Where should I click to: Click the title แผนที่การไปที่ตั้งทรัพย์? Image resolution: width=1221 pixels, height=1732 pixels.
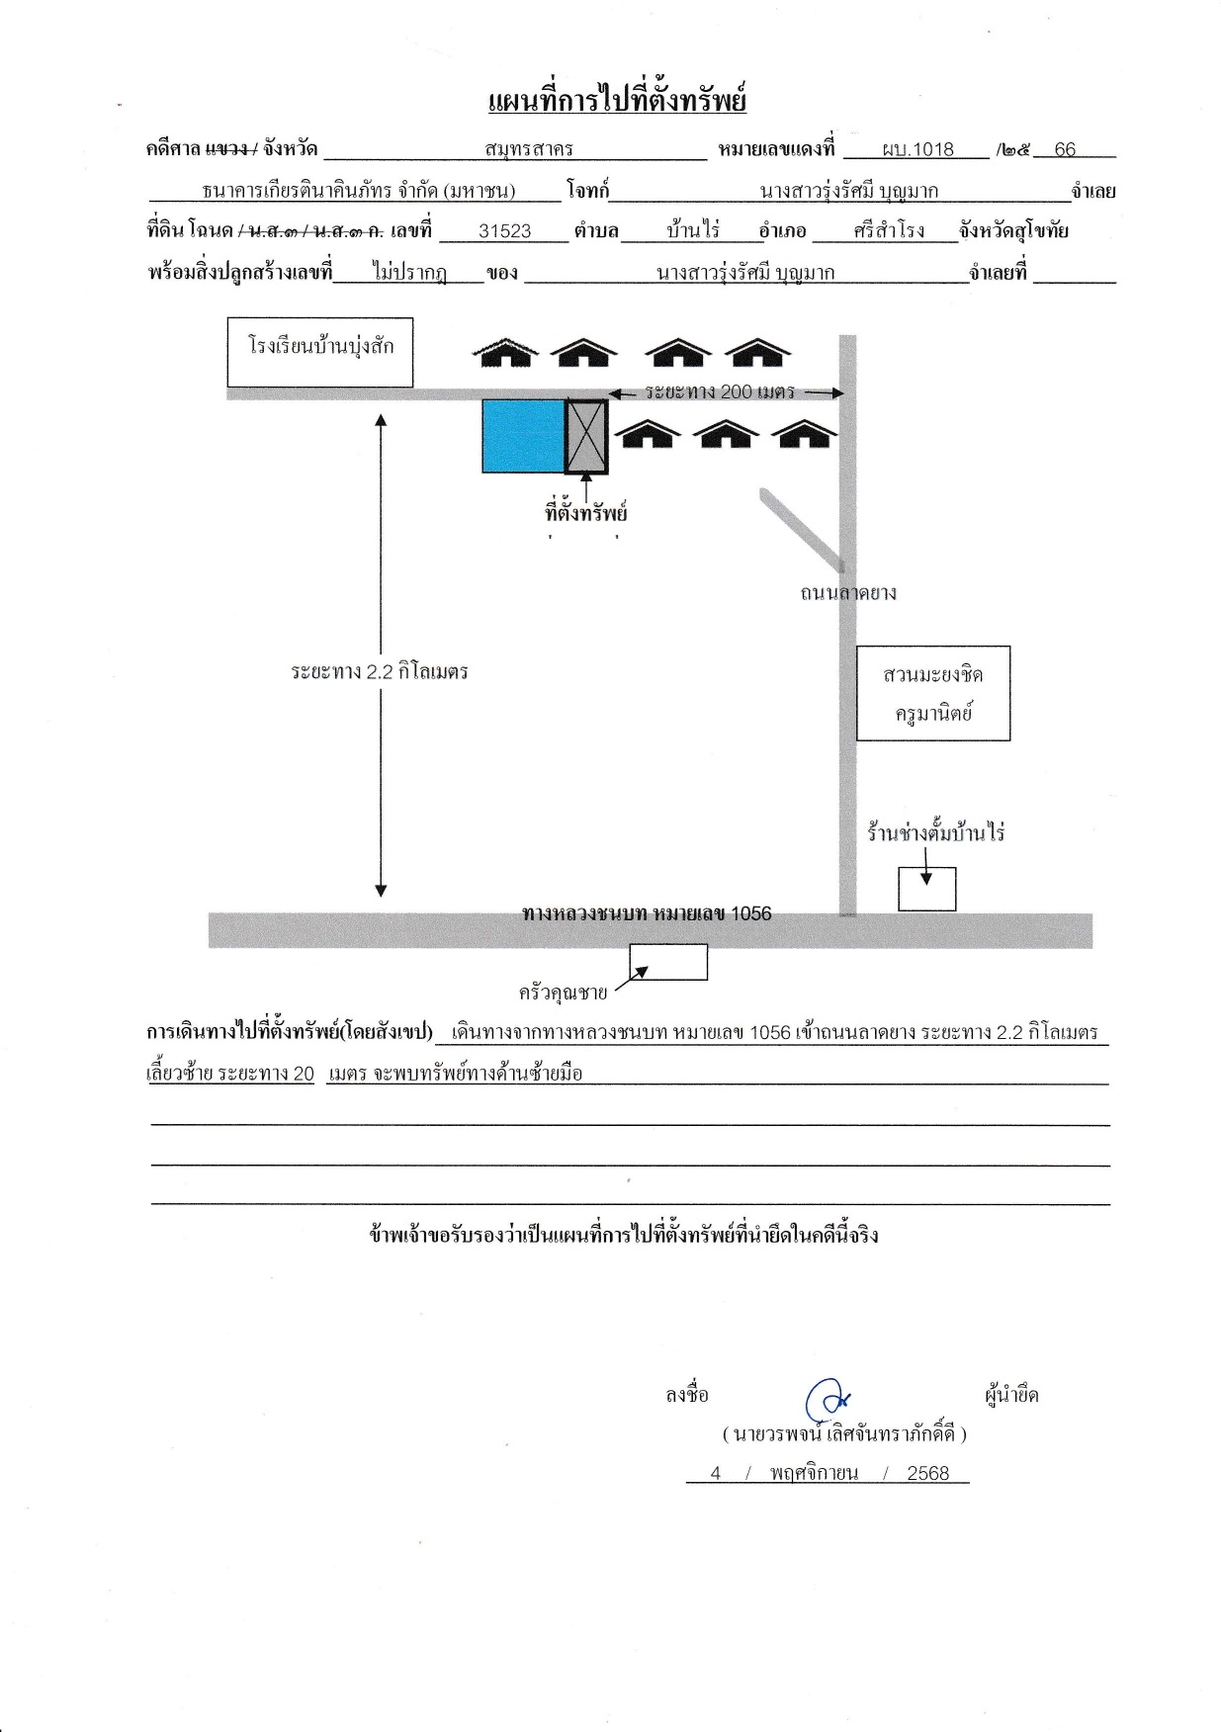coord(617,99)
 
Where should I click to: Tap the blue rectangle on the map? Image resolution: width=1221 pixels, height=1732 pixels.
coord(523,436)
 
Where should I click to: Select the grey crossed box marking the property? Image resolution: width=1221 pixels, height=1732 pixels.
coord(586,436)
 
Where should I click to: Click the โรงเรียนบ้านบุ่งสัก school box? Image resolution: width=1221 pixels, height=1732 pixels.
coord(319,352)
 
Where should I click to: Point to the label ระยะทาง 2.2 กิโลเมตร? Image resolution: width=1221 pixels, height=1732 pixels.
coord(380,672)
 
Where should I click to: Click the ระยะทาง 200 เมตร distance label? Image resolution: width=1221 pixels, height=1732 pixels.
coord(720,391)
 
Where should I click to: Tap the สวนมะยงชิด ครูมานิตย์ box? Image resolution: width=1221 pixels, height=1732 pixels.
coord(933,693)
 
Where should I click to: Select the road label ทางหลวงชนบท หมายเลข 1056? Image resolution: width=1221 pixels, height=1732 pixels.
coord(647,913)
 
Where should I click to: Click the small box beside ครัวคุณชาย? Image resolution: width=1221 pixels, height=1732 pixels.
coord(668,962)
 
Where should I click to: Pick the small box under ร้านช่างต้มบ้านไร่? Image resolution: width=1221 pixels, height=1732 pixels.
coord(927,889)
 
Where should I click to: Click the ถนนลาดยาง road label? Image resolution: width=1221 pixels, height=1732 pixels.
coord(848,593)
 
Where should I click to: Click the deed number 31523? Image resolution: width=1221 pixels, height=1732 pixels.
coord(505,231)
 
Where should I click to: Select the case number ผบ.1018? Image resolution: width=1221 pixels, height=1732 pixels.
coord(918,149)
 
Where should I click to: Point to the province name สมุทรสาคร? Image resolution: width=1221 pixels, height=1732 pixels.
coord(530,150)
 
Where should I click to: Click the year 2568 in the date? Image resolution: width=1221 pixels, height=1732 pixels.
coord(928,1473)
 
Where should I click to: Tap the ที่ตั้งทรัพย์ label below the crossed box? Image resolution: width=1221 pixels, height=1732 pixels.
coord(586,512)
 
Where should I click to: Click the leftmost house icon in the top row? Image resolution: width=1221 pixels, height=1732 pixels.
coord(505,353)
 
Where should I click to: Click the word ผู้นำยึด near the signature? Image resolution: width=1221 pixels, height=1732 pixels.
coord(1011,1396)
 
